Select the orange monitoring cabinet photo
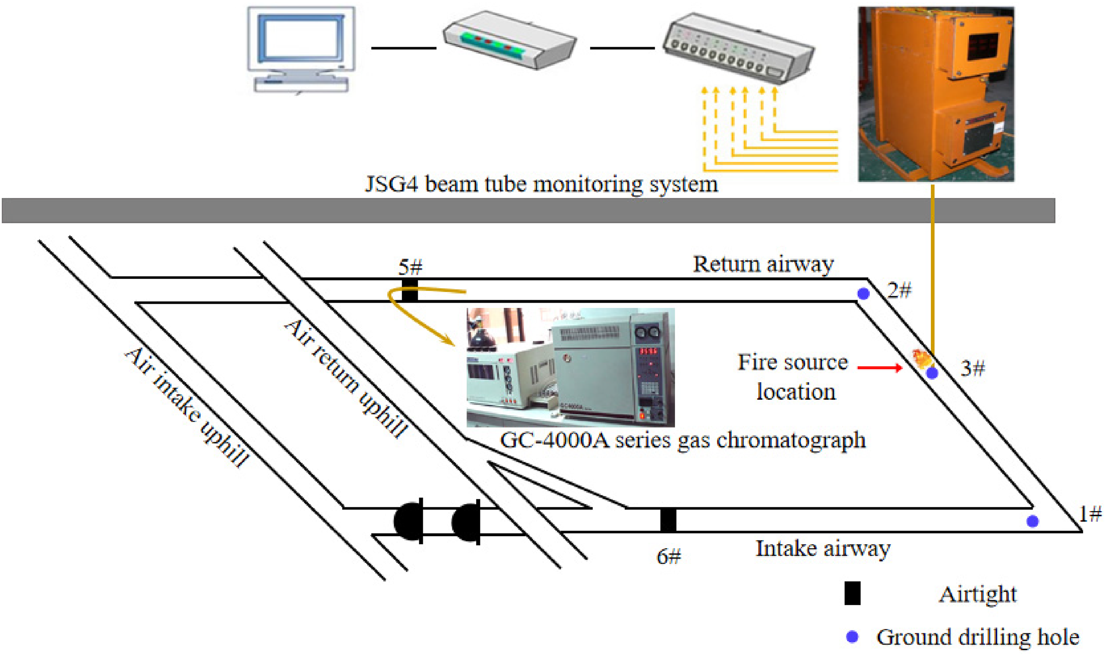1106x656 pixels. coord(936,94)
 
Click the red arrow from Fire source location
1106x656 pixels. coord(880,367)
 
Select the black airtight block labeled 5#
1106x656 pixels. coord(409,290)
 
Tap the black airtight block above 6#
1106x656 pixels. coord(668,520)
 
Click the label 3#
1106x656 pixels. coord(973,368)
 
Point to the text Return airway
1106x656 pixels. coord(763,265)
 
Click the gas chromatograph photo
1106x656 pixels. coord(570,367)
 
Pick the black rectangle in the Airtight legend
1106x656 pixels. coord(852,593)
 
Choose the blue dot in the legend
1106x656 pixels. coord(852,637)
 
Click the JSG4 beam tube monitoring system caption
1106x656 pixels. coord(542,185)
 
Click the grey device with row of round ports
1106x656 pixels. coord(738,48)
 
